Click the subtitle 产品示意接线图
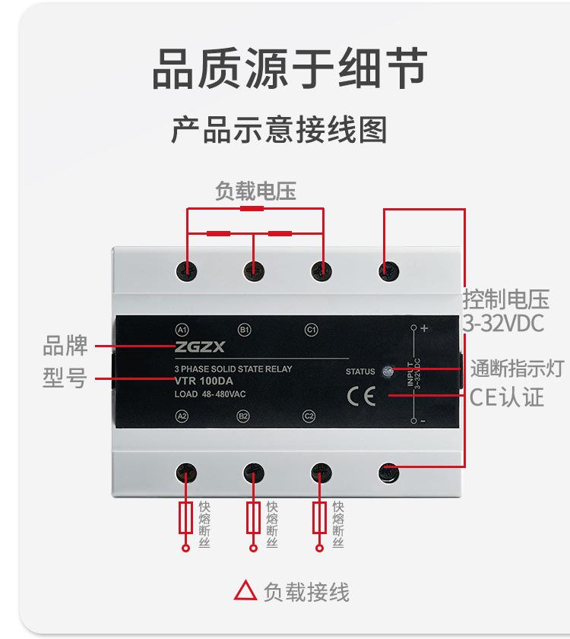pos(279,130)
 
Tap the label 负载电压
pos(255,191)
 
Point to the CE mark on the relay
pos(361,396)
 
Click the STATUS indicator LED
pos(388,371)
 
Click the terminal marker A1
pos(182,330)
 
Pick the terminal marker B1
pos(245,330)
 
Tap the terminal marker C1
pos(310,330)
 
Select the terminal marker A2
pos(182,416)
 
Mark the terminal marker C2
pos(309,416)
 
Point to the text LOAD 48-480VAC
pos(210,394)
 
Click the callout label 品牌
pos(65,346)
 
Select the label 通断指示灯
pos(517,369)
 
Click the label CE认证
pos(506,397)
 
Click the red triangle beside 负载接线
pos(245,590)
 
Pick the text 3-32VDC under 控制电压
pos(504,324)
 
